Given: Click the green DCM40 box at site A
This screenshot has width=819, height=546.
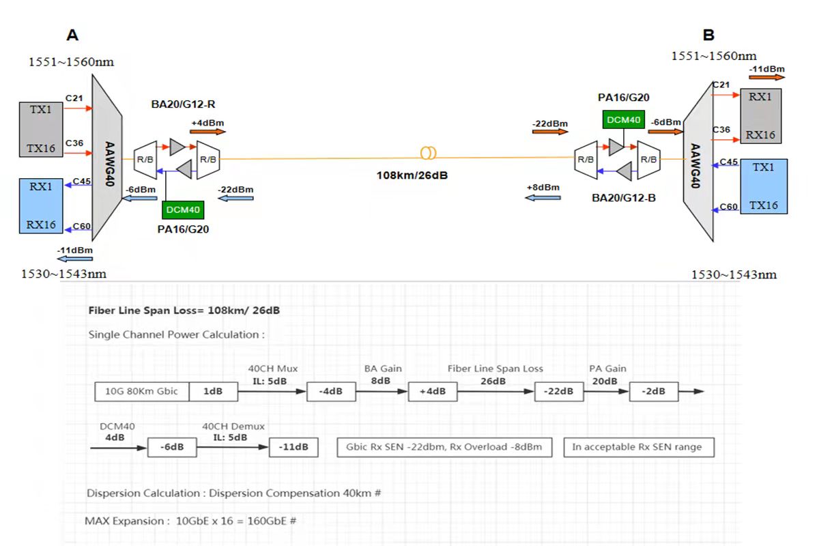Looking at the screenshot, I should click(182, 210).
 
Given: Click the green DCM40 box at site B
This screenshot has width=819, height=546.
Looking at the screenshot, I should click(622, 120).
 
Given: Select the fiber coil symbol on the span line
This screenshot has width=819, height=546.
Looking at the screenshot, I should click(429, 154).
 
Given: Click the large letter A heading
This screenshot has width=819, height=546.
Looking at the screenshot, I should click(72, 35).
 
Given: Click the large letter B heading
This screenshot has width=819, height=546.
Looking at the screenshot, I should click(708, 35).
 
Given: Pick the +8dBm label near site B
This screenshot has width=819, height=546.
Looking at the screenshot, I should click(543, 188).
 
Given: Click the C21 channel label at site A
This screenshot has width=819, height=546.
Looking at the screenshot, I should click(74, 99).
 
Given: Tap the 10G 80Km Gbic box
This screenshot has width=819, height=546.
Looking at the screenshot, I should click(141, 392).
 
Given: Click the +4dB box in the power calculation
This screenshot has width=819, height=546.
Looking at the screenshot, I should click(433, 392).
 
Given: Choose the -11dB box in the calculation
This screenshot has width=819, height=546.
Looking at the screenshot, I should click(293, 448).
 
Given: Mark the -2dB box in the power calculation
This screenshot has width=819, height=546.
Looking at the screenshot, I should click(652, 392).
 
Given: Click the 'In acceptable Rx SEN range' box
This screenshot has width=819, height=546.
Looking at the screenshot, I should click(638, 448).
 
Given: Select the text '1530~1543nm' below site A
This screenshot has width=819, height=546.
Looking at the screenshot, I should click(65, 274).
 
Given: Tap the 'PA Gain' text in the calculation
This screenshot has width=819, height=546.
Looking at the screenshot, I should click(607, 369).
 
